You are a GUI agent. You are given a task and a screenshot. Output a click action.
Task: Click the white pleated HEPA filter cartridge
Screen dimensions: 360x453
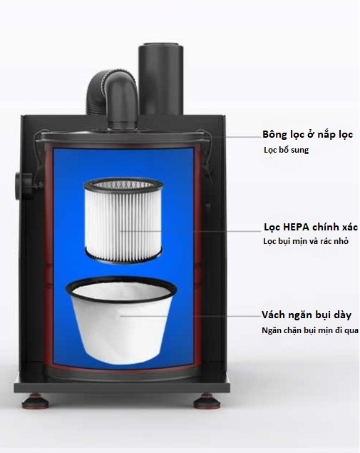pos(123,221)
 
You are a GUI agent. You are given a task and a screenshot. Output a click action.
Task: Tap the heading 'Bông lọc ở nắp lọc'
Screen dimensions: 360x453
pos(307,135)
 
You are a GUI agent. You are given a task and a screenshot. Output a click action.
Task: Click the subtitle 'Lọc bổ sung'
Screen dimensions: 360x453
pos(286,150)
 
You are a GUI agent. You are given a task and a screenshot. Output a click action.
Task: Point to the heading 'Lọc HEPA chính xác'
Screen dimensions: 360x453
pos(311,228)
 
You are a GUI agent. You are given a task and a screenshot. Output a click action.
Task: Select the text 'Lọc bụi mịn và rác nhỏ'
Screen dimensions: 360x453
pos(306,241)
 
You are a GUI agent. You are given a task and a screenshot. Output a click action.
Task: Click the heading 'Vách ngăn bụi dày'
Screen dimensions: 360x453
pos(307,315)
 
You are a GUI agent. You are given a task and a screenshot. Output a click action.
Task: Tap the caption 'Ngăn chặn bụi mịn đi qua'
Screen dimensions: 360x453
pos(310,330)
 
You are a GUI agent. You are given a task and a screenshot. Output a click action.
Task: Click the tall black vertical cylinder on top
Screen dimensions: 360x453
pos(160,79)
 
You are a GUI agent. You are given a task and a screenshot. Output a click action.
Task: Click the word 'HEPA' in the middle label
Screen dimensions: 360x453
pos(295,228)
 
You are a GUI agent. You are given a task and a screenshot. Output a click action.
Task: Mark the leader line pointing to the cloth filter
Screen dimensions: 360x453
pos(190,316)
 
